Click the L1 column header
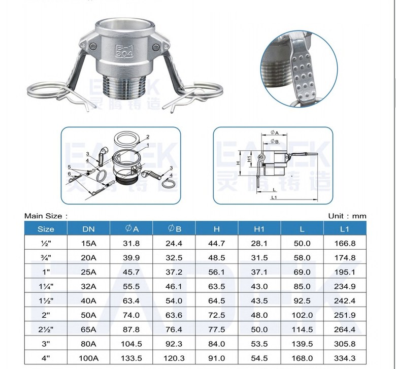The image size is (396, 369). click(x=345, y=229)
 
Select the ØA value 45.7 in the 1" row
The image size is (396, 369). click(x=131, y=272)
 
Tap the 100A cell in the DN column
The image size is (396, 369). click(x=88, y=358)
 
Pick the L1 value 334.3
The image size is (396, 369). click(x=345, y=358)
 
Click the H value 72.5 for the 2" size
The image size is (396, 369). click(x=216, y=315)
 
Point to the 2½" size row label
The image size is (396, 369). click(x=46, y=329)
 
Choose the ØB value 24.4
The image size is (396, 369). click(x=174, y=243)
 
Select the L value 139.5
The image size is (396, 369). click(x=302, y=344)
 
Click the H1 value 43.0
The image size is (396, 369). click(x=259, y=286)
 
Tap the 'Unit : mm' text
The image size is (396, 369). click(x=347, y=216)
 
